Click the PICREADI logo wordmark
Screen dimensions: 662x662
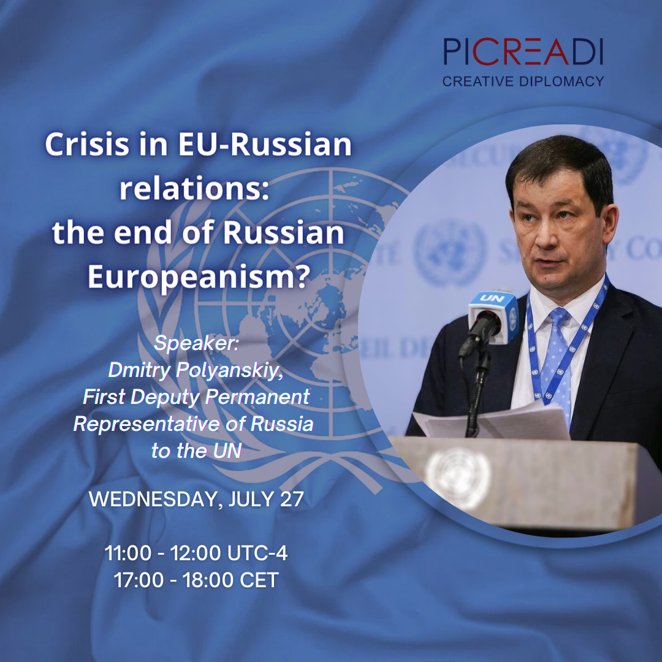523,51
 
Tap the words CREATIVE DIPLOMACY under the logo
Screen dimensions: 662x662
523,81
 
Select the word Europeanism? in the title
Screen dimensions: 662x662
197,276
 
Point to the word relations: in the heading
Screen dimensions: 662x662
194,189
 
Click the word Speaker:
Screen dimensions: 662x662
196,343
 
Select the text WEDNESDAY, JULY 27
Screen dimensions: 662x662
196,499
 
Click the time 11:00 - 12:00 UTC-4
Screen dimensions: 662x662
196,554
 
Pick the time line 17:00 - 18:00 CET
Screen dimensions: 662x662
196,580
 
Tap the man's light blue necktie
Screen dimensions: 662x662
559,362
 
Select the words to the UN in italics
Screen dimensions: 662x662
196,451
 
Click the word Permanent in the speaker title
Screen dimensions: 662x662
257,397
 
